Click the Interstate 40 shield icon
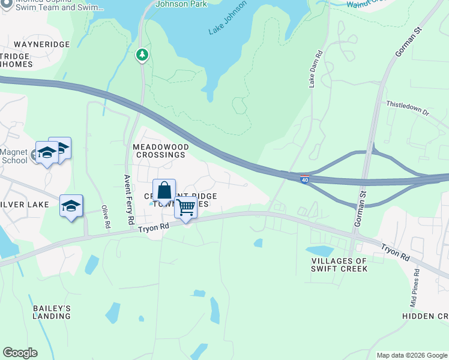point(306,178)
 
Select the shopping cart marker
point(186,208)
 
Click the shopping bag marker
point(164,191)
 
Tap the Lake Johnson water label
point(228,17)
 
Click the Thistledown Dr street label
point(408,107)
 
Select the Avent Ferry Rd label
point(128,200)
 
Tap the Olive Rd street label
point(106,217)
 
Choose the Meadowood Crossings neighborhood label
point(160,151)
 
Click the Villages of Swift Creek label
point(339,265)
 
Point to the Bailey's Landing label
point(52,312)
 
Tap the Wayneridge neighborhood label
point(42,44)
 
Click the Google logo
point(20,353)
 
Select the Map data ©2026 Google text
point(411,355)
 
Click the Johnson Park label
point(181,4)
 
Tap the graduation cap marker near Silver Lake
point(71,207)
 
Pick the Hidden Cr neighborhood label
point(425,316)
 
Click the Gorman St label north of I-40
point(409,42)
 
